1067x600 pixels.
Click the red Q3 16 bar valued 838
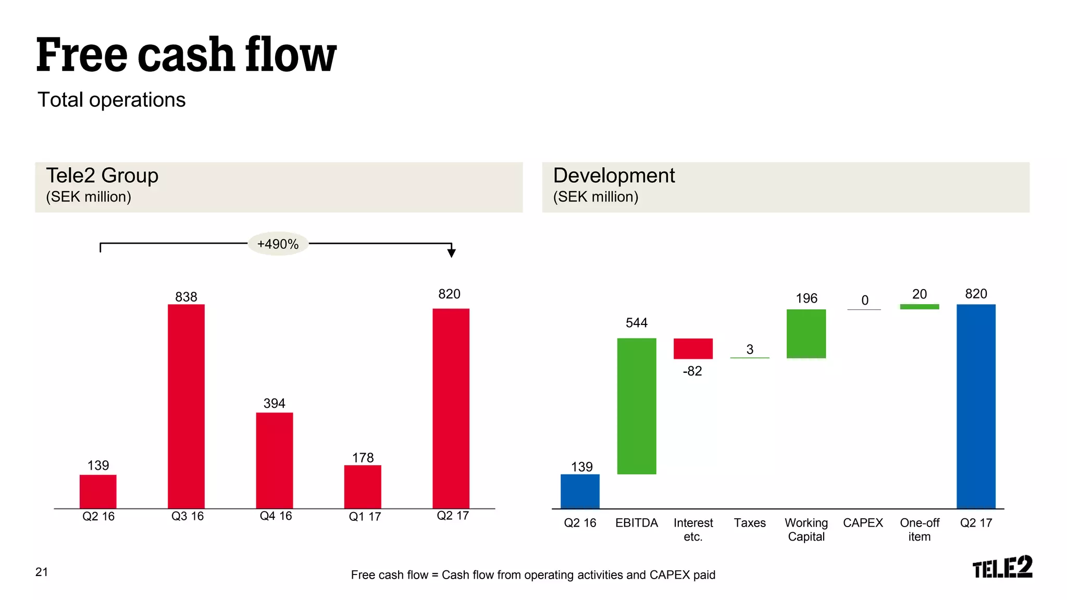coord(186,406)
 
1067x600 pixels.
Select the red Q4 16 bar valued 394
coord(274,460)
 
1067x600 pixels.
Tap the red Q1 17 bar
coord(363,486)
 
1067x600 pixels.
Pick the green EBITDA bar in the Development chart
coord(636,406)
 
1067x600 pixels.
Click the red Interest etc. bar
coord(693,348)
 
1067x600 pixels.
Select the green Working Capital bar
coord(806,334)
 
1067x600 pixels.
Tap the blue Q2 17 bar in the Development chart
coord(976,406)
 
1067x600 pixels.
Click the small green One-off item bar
coord(920,307)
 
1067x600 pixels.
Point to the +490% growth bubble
coord(278,244)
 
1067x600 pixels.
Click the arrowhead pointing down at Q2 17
coord(452,253)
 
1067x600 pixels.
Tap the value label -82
coord(692,371)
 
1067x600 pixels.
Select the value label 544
coord(636,323)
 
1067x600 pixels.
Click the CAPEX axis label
coord(863,523)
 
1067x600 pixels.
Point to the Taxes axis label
coord(750,523)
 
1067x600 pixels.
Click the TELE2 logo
coord(1002,567)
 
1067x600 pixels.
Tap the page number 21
coord(42,572)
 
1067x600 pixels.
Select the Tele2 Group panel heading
coord(102,176)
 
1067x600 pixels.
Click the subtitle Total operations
coord(111,100)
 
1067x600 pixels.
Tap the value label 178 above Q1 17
coord(363,458)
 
